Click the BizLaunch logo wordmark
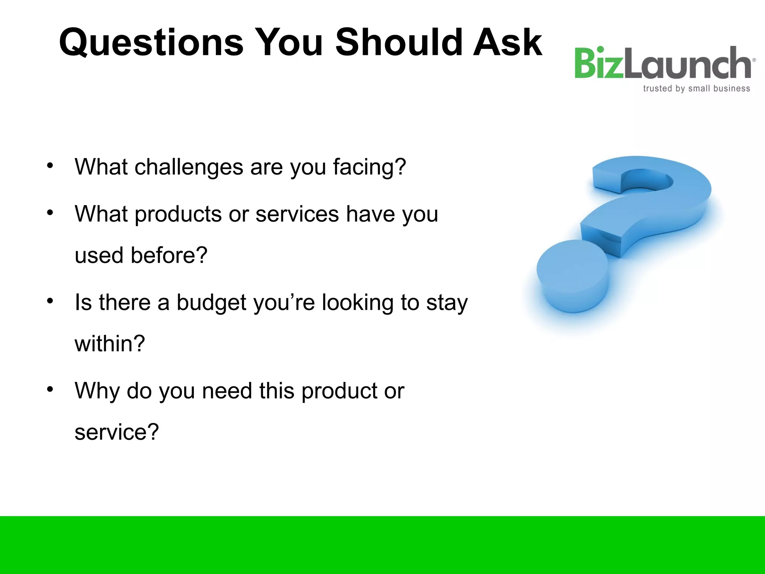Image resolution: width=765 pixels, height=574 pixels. pos(663,64)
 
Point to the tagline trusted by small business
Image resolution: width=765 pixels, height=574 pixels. pos(696,89)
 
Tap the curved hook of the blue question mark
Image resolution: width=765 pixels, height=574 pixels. pos(652,194)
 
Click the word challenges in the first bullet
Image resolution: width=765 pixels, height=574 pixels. pos(189,167)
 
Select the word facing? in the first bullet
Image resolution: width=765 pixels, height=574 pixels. pos(369,167)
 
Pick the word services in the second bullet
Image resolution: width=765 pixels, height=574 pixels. pos(297,215)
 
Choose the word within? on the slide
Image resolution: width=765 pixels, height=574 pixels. pos(109,344)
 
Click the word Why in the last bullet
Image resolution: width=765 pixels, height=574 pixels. pos(97,391)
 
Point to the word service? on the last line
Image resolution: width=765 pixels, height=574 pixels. pos(117,432)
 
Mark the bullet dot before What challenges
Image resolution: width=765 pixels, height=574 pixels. pos(50,166)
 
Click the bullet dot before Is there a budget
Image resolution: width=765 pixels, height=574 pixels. pos(50,301)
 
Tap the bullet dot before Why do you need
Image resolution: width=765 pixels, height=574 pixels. pos(50,389)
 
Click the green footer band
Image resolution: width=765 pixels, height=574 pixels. pos(382,545)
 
